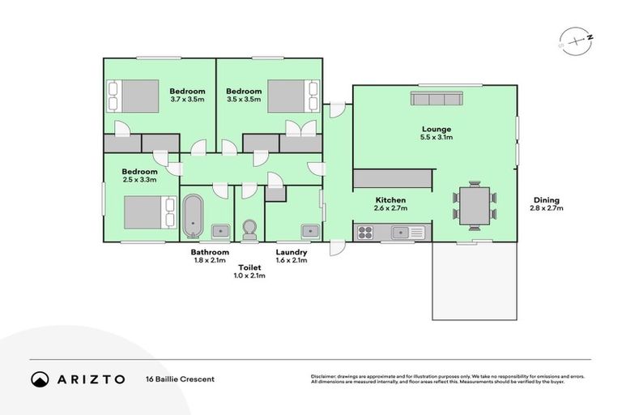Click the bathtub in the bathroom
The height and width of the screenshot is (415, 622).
(x=192, y=216)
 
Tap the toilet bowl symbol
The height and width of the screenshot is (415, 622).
(x=249, y=230)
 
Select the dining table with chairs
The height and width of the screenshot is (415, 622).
(x=475, y=205)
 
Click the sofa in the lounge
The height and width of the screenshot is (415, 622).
(x=436, y=99)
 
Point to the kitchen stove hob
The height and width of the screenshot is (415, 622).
(x=366, y=233)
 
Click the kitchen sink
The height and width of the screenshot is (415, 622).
(x=401, y=233)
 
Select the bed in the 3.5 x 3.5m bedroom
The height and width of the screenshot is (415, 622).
(x=288, y=97)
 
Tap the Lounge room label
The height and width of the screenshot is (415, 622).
(x=437, y=129)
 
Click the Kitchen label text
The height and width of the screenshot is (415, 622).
(x=390, y=200)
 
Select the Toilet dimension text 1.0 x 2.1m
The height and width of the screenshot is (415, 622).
(x=249, y=276)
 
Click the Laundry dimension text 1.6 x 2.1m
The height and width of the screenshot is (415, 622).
(x=292, y=261)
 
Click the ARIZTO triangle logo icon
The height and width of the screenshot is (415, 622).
(x=40, y=379)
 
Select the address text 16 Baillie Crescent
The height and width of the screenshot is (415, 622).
(x=181, y=379)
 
